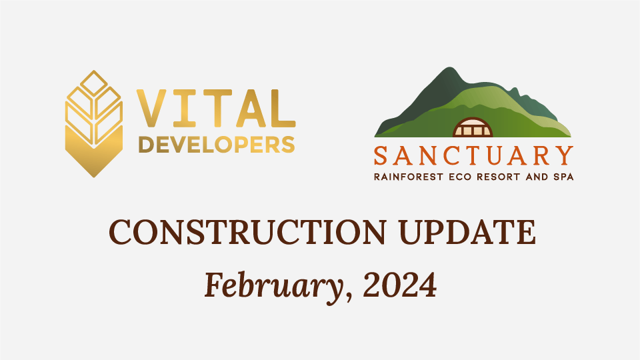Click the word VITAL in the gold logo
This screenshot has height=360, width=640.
pyautogui.click(x=215, y=108)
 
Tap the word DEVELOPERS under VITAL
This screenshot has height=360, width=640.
pyautogui.click(x=216, y=145)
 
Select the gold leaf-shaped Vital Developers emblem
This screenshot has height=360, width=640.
pyautogui.click(x=94, y=124)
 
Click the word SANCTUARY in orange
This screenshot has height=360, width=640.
pyautogui.click(x=473, y=155)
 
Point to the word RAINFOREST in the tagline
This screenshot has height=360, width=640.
pyautogui.click(x=408, y=177)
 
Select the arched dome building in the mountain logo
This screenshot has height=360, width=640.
pyautogui.click(x=473, y=127)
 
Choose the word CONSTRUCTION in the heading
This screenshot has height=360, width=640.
pyautogui.click(x=247, y=232)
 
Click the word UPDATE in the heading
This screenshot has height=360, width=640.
pyautogui.click(x=467, y=232)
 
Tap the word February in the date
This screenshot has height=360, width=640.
pyautogui.click(x=273, y=286)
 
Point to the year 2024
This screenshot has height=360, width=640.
pyautogui.click(x=399, y=285)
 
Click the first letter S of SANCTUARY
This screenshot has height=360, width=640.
pyautogui.click(x=381, y=155)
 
